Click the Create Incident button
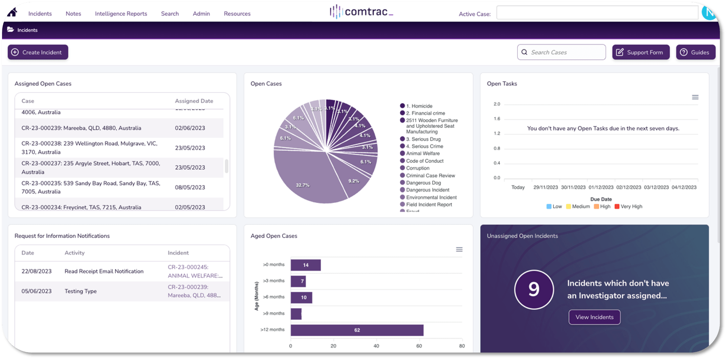pos(38,52)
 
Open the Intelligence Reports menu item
pos(121,14)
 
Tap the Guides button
pos(696,52)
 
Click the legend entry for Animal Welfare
pos(423,153)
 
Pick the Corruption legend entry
pos(418,168)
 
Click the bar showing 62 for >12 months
pos(357,330)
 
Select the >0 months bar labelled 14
pos(306,265)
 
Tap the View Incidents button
pos(594,317)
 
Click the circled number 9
pos(534,289)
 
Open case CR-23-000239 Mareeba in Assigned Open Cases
pos(81,128)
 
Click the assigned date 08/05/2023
pos(190,187)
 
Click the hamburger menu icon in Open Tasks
pos(695,97)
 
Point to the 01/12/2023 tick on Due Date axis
pos(601,187)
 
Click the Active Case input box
pos(597,13)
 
